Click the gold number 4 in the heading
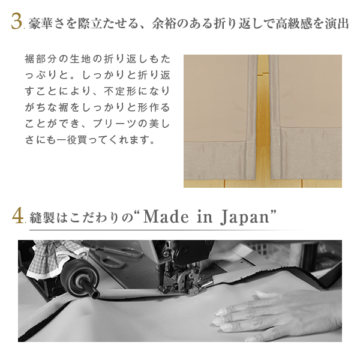tap(18, 215)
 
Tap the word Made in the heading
tap(166, 216)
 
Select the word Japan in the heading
tap(245, 217)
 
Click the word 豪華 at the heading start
tap(41, 23)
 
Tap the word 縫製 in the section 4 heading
tap(42, 217)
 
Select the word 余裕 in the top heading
tap(164, 23)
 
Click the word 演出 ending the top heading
tap(337, 23)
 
